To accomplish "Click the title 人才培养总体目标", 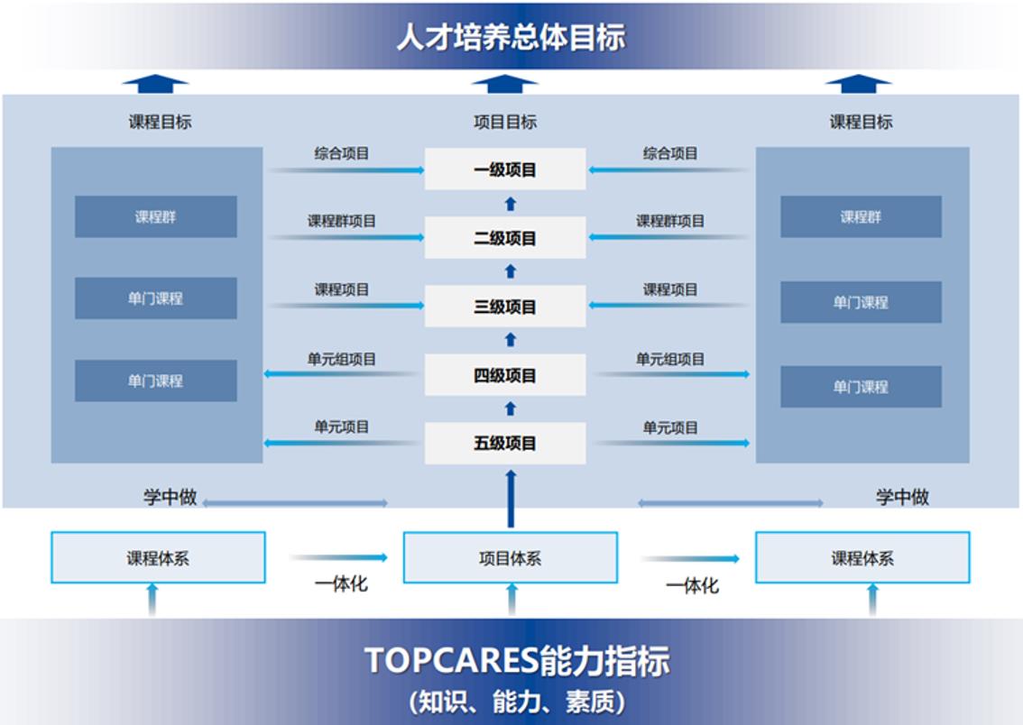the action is click(x=511, y=37).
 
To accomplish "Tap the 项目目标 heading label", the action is click(x=505, y=122).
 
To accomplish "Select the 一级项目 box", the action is click(x=505, y=170).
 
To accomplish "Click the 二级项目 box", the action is click(x=505, y=238).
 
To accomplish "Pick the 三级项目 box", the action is click(x=505, y=307).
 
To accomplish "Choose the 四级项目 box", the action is click(x=505, y=375).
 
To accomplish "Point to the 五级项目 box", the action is click(x=505, y=444).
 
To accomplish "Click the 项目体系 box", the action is click(x=511, y=557).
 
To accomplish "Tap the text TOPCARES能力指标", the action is click(x=517, y=660).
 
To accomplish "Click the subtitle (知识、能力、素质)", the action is click(x=517, y=702).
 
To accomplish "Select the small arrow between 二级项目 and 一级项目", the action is click(x=511, y=204).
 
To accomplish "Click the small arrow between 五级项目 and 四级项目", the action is click(x=511, y=408).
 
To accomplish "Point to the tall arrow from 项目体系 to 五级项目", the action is click(x=511, y=499).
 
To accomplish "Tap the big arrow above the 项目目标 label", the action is click(x=504, y=84).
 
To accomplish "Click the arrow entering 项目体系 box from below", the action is click(x=511, y=600).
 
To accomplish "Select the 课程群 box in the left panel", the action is click(x=156, y=216).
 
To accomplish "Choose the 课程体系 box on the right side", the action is click(x=862, y=557).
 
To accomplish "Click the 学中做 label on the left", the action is click(x=170, y=498).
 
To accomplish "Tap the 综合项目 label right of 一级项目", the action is click(x=670, y=154).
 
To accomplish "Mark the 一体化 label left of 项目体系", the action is click(x=341, y=583).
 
